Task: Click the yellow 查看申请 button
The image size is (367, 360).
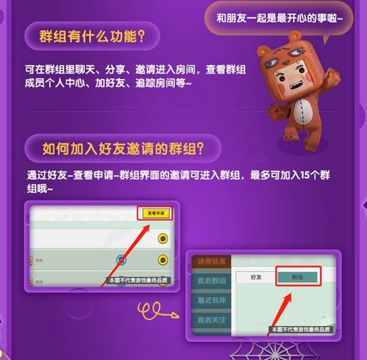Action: [156, 214]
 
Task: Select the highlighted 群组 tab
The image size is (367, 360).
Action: [297, 277]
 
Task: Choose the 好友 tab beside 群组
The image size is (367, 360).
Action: [256, 277]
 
